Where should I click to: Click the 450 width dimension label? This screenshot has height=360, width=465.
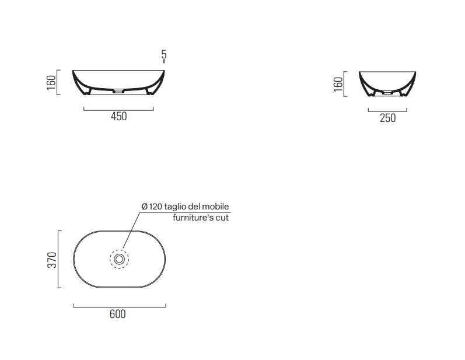(x=119, y=116)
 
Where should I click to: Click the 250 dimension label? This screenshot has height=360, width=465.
(x=387, y=118)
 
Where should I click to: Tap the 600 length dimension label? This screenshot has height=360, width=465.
(x=118, y=314)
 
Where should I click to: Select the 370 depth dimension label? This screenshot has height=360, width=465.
(x=52, y=260)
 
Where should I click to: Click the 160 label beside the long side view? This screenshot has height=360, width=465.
(x=51, y=83)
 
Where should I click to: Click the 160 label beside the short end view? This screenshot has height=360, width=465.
(x=338, y=84)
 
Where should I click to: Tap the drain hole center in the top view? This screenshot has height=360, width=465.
(x=119, y=259)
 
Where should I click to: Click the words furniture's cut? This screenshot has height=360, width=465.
(x=201, y=218)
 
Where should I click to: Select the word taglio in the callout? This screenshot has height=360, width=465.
(x=174, y=207)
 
